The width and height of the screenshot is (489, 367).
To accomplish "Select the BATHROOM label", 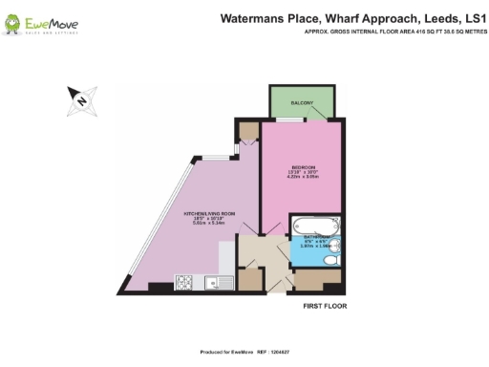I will [x=316, y=235].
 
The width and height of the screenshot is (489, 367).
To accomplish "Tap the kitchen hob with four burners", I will [x=183, y=282].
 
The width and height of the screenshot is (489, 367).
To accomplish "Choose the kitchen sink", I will [x=209, y=282].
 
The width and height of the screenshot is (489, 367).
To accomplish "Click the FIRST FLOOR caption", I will [x=325, y=308].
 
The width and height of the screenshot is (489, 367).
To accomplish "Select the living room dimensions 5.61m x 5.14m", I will [x=202, y=223].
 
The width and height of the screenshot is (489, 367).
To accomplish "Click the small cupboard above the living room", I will [x=247, y=132].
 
